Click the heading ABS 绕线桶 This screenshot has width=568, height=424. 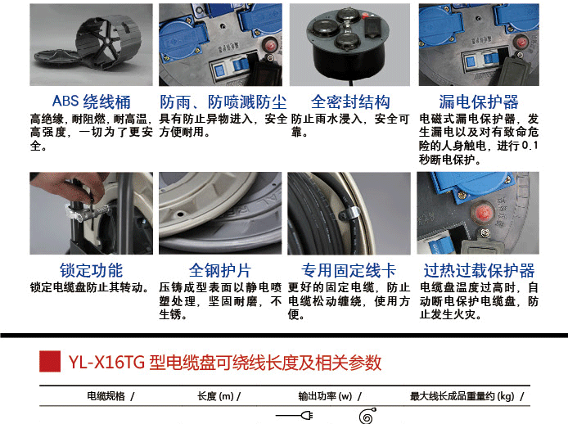click(x=92, y=101)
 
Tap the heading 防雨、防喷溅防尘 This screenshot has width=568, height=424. click(x=223, y=101)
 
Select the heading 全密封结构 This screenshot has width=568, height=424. click(x=350, y=101)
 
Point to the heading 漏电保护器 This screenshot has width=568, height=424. click(x=479, y=101)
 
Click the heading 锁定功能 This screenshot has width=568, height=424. click(x=92, y=270)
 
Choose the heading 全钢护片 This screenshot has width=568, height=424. click(x=220, y=270)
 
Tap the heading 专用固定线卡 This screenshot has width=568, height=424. click(x=349, y=270)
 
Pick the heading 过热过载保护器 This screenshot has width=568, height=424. click(x=479, y=270)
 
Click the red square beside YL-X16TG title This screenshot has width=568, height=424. click(x=50, y=361)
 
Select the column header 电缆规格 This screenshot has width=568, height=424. click(x=106, y=396)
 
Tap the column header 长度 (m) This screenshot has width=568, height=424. click(x=215, y=396)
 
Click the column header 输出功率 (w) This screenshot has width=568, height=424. click(x=325, y=396)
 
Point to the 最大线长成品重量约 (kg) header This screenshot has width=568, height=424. click(x=462, y=396)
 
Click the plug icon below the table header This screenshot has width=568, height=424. click(x=294, y=415)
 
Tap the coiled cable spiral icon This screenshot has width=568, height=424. click(x=367, y=416)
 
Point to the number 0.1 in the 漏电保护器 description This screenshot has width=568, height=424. click(x=530, y=146)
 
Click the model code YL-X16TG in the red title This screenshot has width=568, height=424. click(x=107, y=362)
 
